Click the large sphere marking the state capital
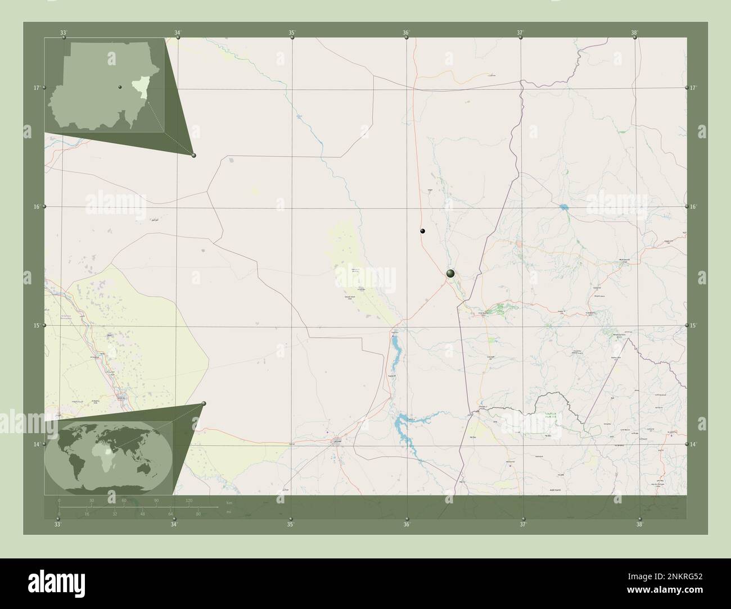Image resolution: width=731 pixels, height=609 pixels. pyautogui.click(x=450, y=274)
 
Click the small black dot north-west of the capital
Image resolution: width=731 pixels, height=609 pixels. pyautogui.click(x=422, y=231)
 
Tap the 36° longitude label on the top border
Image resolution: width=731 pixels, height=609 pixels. pyautogui.click(x=406, y=33)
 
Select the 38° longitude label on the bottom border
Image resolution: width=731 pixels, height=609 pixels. pyautogui.click(x=639, y=525)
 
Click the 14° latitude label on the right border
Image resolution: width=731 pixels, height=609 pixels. pyautogui.click(x=693, y=444)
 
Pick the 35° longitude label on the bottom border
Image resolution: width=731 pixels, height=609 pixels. pyautogui.click(x=290, y=525)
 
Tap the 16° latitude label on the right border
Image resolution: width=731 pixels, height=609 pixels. pyautogui.click(x=693, y=207)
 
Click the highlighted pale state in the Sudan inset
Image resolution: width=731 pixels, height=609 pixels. pyautogui.click(x=138, y=88)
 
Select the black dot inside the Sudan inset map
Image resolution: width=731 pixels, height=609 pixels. pyautogui.click(x=120, y=87)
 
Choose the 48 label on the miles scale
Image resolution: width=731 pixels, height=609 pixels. pyautogui.click(x=143, y=513)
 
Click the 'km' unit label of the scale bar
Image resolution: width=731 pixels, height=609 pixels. pyautogui.click(x=229, y=502)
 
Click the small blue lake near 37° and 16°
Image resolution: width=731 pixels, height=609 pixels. pyautogui.click(x=563, y=207)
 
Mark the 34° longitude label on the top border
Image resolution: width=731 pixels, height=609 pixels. pyautogui.click(x=178, y=33)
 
